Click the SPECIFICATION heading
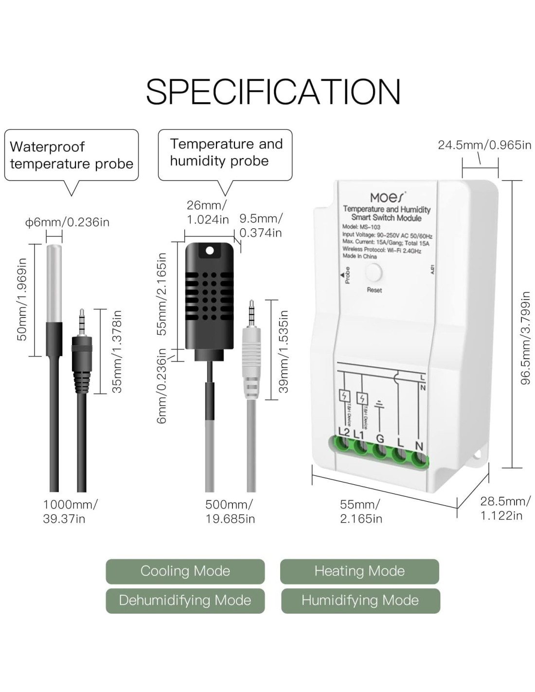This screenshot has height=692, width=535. pyautogui.click(x=273, y=91)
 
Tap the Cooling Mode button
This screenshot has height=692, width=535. pyautogui.click(x=185, y=571)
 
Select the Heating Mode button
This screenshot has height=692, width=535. pyautogui.click(x=359, y=571)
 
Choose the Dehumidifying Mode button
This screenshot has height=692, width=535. pyautogui.click(x=185, y=600)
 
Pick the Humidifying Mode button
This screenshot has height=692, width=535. pyautogui.click(x=360, y=600)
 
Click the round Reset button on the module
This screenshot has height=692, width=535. pyautogui.click(x=374, y=273)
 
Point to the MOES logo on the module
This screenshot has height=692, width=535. pyautogui.click(x=387, y=197)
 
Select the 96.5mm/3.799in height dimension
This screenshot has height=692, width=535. pyautogui.click(x=526, y=338)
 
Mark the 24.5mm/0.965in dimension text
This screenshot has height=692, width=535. pyautogui.click(x=484, y=145)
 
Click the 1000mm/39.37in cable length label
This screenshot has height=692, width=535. pyautogui.click(x=70, y=511)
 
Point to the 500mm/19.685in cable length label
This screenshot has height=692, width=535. pyautogui.click(x=230, y=511)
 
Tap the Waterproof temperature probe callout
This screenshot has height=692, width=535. pyautogui.click(x=71, y=155)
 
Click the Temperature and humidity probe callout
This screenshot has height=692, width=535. pyautogui.click(x=225, y=153)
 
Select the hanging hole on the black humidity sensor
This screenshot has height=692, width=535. pyautogui.click(x=210, y=251)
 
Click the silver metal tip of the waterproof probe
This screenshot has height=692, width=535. pyautogui.click(x=53, y=282)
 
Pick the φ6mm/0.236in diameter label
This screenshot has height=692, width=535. pyautogui.click(x=68, y=222)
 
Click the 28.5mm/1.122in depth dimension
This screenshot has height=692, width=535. pyautogui.click(x=505, y=508)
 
